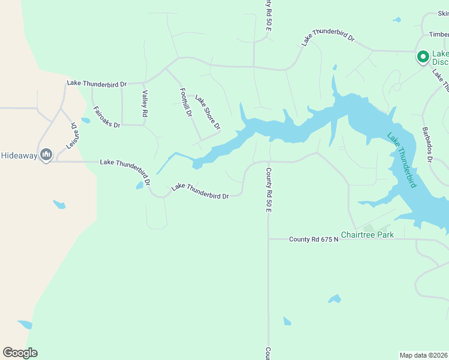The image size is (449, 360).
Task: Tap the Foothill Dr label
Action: point(185,102)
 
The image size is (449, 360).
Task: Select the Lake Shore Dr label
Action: point(208,113)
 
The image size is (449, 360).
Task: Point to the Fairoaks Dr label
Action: point(107,116)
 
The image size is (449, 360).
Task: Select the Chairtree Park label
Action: point(367,235)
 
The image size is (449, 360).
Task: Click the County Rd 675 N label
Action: point(313,239)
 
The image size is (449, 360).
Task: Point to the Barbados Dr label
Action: point(427,145)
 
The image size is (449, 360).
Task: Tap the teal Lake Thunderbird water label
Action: point(401,160)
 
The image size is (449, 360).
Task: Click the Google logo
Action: point(20,353)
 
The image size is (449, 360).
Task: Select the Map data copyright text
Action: point(424,355)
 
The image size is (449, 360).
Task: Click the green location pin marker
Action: point(423,57)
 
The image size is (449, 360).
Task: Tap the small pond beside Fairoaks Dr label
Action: point(85,121)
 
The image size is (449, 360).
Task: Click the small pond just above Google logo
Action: point(25,325)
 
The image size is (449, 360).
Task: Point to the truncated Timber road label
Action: point(439,34)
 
